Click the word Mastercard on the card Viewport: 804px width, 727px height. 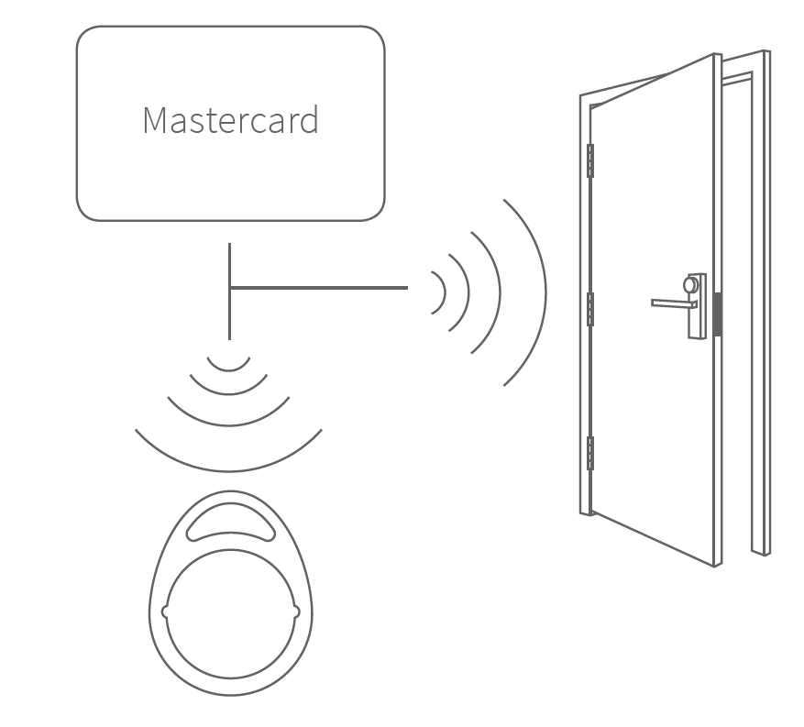click(x=230, y=121)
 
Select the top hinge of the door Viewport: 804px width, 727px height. click(x=589, y=160)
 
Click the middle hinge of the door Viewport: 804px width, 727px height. click(x=589, y=309)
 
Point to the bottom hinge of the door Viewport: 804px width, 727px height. click(x=589, y=453)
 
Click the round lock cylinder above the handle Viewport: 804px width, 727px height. click(x=690, y=285)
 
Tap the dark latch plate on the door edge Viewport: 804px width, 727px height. click(x=718, y=314)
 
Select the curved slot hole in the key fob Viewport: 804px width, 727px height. click(x=230, y=523)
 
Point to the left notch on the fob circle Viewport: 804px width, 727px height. click(x=164, y=611)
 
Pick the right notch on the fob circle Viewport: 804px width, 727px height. click(x=296, y=611)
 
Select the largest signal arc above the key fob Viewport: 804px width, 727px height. click(x=228, y=468)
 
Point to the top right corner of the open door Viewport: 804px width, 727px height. click(x=713, y=56)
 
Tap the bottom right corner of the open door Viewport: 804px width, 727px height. click(x=715, y=564)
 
